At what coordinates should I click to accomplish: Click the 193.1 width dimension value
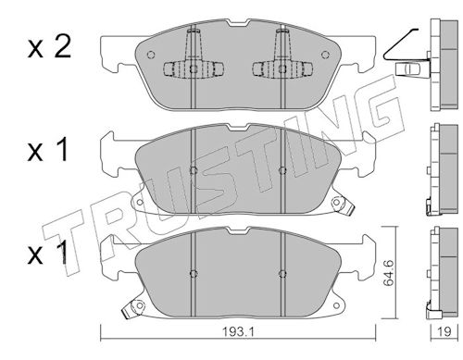click(x=238, y=332)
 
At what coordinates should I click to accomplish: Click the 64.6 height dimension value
click(x=389, y=273)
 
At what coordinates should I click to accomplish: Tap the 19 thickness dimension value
click(x=444, y=331)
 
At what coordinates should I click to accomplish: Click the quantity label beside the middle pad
click(x=48, y=150)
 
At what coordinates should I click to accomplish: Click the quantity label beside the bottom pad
click(x=48, y=253)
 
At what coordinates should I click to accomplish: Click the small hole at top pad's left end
click(x=151, y=55)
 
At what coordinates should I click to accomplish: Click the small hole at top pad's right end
click(x=325, y=55)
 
